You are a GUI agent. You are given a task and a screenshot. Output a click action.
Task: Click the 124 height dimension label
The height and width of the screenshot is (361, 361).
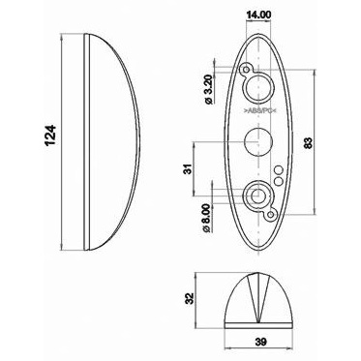pos(50,135)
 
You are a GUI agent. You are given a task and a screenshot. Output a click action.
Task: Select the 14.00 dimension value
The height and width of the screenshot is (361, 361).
pos(258,15)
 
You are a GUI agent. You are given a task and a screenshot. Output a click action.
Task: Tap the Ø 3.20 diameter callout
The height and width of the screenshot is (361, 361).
pos(209,90)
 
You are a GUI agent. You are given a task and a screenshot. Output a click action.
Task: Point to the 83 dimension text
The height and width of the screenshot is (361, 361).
pos(309,143)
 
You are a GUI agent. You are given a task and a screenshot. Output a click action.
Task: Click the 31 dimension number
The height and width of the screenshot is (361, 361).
pos(189,168)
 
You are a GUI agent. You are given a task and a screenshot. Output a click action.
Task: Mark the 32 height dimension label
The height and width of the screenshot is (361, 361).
pos(191,298)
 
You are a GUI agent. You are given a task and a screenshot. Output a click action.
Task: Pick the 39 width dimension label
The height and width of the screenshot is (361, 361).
pos(260,342)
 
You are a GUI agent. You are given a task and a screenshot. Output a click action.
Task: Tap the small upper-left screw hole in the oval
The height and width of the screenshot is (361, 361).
pos(247,70)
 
